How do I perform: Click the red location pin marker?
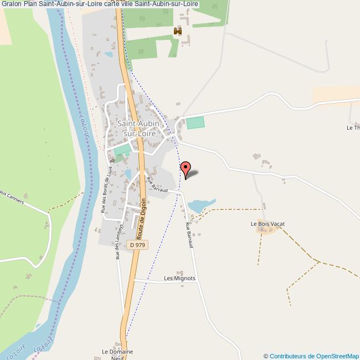186,168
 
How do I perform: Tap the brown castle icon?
178,32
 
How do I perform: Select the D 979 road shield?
138,244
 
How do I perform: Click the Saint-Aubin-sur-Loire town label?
138,128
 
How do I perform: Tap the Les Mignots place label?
179,279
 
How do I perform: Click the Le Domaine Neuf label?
117,354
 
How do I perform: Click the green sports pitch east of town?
195,122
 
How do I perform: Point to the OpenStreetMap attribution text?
311,356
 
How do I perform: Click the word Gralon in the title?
11,4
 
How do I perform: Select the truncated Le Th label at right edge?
353,127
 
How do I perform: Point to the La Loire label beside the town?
84,125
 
